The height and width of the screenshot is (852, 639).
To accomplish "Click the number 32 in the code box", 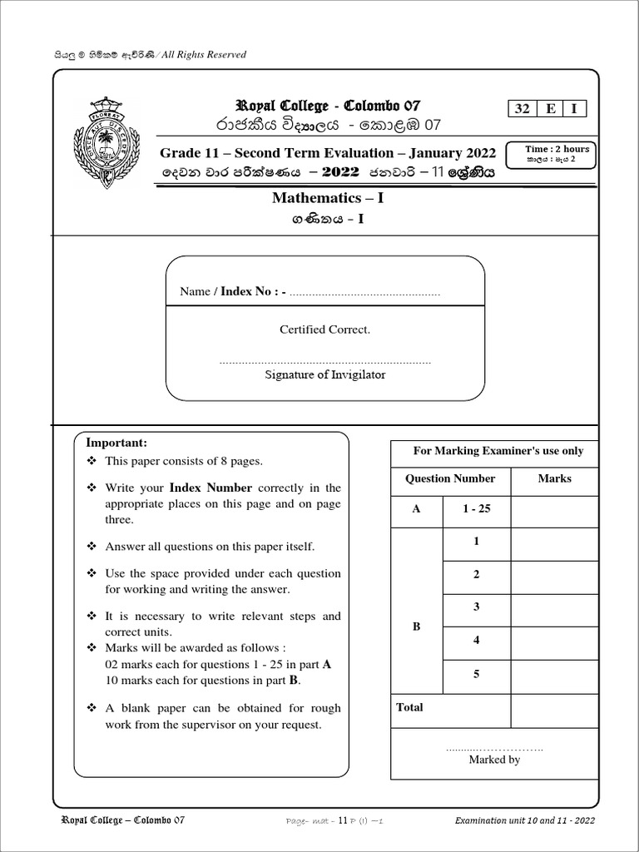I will pos(522,109).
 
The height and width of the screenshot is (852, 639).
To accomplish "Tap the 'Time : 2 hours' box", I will pos(557,153).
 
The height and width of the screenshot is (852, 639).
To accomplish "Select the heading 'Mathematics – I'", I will pos(328,198).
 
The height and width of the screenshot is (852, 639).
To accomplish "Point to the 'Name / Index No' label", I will pos(233,291).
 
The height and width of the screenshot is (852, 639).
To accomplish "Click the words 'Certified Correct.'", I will pos(324,329).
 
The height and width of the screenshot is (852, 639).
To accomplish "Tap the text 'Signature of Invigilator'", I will pos(324,374).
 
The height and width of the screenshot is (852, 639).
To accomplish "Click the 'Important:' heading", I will pos(122,443).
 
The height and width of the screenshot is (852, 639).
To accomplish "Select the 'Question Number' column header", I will pos(449,478).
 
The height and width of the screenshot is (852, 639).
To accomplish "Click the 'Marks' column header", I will pos(554,478).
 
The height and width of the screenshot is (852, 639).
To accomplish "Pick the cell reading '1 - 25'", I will pos(476,508).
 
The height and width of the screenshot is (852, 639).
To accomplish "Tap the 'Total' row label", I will pos(409,707).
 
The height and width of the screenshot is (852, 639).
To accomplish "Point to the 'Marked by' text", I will pos(494,760).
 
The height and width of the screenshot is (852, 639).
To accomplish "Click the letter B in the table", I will pos(416,627).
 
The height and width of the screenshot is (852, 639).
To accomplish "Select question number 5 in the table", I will pos(476,674).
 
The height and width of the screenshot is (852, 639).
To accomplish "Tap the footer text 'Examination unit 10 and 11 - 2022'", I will pos(524,820).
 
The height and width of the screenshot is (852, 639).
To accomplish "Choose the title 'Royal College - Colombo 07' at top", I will pos(328,106).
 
